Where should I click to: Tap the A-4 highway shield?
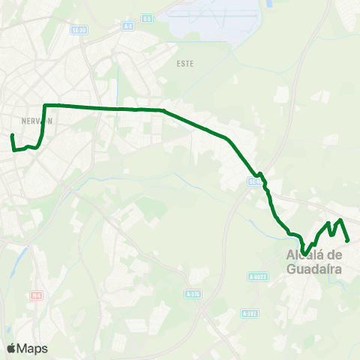click(x=128, y=26)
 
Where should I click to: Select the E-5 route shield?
click(x=147, y=18)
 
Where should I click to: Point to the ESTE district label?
click(x=185, y=64)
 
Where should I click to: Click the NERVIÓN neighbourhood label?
click(x=36, y=120)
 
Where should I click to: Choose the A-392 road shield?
click(x=250, y=313)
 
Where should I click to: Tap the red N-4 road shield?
click(x=35, y=295)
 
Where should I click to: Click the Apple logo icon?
click(x=11, y=349)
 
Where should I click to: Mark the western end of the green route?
click(x=12, y=136)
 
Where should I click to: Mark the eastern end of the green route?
click(x=348, y=240)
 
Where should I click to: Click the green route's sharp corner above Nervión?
click(x=46, y=106)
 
